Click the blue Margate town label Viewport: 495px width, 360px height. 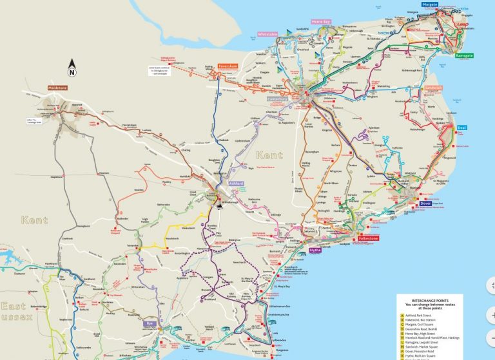coord(430,5)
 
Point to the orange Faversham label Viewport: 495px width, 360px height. coord(228,66)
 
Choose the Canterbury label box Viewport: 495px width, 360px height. coord(277,99)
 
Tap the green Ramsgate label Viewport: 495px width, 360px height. coord(464,56)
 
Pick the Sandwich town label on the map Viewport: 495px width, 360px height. coord(433,88)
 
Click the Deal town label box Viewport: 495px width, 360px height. coord(462,128)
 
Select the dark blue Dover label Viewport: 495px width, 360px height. coord(425,204)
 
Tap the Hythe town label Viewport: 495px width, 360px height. coord(315,250)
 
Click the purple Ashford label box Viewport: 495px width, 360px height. coord(236,184)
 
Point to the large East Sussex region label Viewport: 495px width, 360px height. coord(13,312)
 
